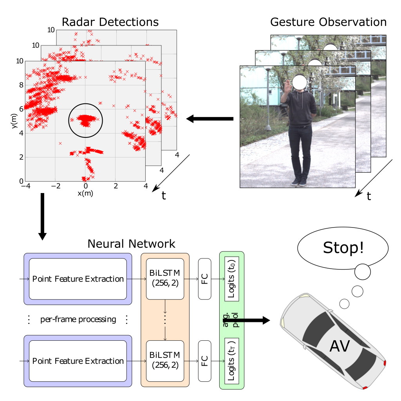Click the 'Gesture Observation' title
point(328,22)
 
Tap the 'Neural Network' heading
point(131,244)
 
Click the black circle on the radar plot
point(86,120)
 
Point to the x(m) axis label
point(85,193)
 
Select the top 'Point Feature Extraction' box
point(78,279)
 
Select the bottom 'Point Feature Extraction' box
point(78,361)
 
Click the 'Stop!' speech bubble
point(343,248)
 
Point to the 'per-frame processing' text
point(78,319)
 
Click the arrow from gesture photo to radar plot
point(210,119)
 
